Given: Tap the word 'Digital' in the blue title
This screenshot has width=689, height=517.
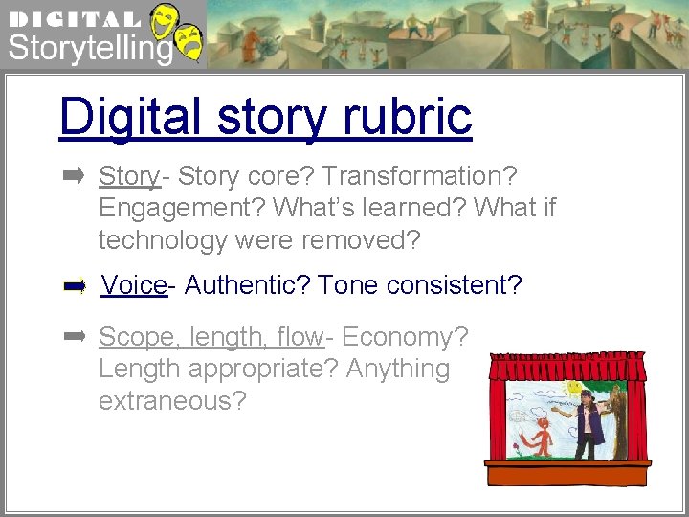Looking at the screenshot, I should pos(129,116).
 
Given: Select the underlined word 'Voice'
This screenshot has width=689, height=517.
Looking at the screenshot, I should pos(134,285).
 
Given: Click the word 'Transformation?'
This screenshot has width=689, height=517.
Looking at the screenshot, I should pos(419,176).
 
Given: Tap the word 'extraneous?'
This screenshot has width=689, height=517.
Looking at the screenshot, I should pos(171,400).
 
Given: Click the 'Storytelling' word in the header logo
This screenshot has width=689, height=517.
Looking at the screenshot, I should pos(90,47).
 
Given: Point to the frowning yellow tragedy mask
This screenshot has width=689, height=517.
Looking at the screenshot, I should pos(191,44).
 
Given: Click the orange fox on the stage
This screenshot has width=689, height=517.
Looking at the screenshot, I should pos(541,436).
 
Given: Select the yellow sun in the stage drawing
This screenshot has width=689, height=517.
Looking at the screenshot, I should pos(573,388).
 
